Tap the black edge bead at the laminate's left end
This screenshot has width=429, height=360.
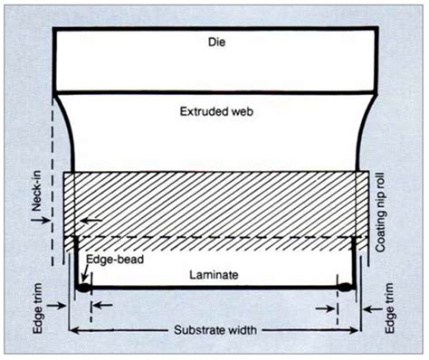click(x=83, y=289)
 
